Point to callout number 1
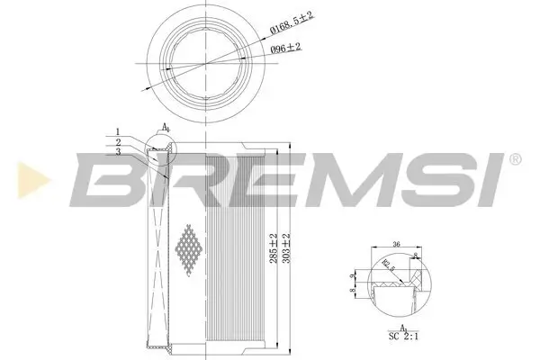[117, 131]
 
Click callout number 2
[117, 142]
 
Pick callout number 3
[117, 153]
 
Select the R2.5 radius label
[387, 264]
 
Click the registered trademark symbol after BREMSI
[514, 159]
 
